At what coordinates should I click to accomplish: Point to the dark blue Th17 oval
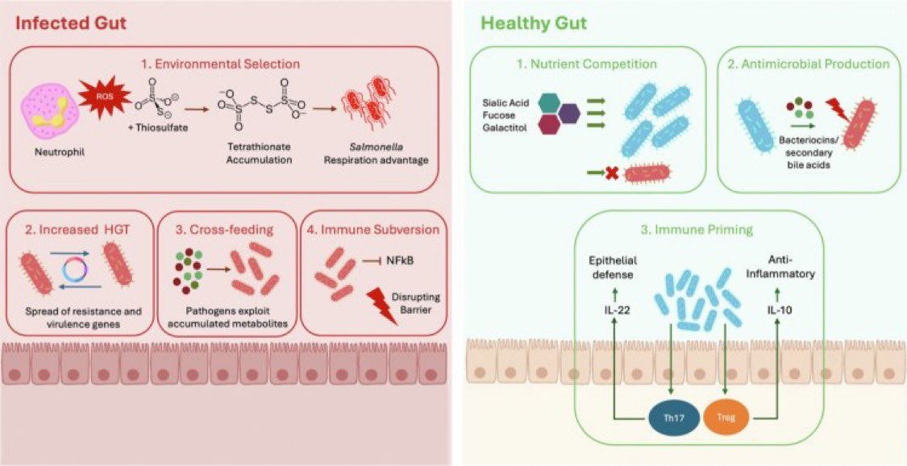tap(672, 417)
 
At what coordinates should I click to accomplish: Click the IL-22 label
tap(612, 308)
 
